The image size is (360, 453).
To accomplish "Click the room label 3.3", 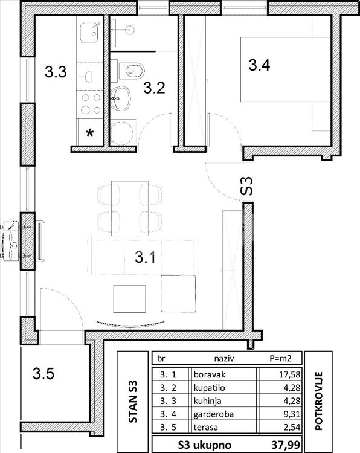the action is tap(56, 72).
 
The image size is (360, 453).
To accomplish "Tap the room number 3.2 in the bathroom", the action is tap(154, 88).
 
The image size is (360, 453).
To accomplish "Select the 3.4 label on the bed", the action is tap(259, 65).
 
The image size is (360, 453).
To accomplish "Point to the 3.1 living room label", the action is tap(145, 257).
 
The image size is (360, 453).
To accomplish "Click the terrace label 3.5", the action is tap(43, 373).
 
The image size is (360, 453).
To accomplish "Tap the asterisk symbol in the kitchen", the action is tap(90, 133).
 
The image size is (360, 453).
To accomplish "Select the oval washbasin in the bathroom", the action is tap(120, 98).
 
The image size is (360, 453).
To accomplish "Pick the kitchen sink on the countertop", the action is tap(90, 33).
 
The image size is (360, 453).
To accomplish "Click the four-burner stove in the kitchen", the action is tap(91, 104).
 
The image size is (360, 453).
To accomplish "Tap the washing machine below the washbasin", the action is tap(123, 132).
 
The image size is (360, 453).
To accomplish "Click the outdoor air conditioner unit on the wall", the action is tap(11, 241).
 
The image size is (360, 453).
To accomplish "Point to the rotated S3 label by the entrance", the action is tap(246, 186).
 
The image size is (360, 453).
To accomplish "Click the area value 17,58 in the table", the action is tap(290, 374).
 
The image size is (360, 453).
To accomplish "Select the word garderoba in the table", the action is tap(213, 414).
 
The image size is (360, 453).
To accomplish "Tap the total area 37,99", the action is tap(285, 444).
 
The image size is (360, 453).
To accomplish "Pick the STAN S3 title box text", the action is tap(133, 401).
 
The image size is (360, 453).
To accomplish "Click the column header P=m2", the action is tap(280, 359).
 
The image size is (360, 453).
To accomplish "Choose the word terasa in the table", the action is tap(205, 427).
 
